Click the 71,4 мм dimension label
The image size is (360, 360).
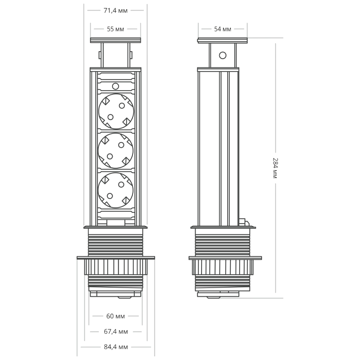click(x=115, y=11)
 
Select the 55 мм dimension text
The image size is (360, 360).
click(x=115, y=29)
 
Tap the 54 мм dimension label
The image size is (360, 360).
click(x=222, y=29)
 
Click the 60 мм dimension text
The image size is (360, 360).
click(x=116, y=316)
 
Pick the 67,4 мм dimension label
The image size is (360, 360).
click(x=116, y=332)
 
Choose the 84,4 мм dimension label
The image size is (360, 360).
click(x=116, y=347)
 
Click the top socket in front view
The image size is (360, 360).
click(x=116, y=111)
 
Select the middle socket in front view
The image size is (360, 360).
click(x=116, y=150)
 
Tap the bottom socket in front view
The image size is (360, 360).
click(x=116, y=190)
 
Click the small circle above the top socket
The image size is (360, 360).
click(x=116, y=86)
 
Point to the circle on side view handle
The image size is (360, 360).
click(x=222, y=55)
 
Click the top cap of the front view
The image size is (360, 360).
click(x=116, y=40)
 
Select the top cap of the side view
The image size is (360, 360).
click(x=222, y=40)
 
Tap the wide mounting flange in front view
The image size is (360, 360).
click(x=116, y=258)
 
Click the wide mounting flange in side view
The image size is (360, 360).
click(x=225, y=258)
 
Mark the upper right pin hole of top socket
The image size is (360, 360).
click(x=122, y=105)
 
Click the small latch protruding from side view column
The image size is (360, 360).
click(x=243, y=221)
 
